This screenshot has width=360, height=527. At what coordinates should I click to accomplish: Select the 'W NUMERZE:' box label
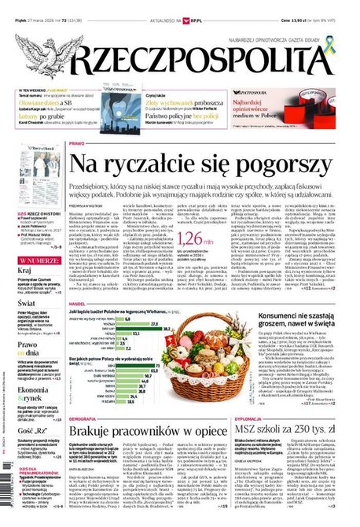(35, 259)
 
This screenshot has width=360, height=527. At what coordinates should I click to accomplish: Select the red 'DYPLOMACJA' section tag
(248, 419)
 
